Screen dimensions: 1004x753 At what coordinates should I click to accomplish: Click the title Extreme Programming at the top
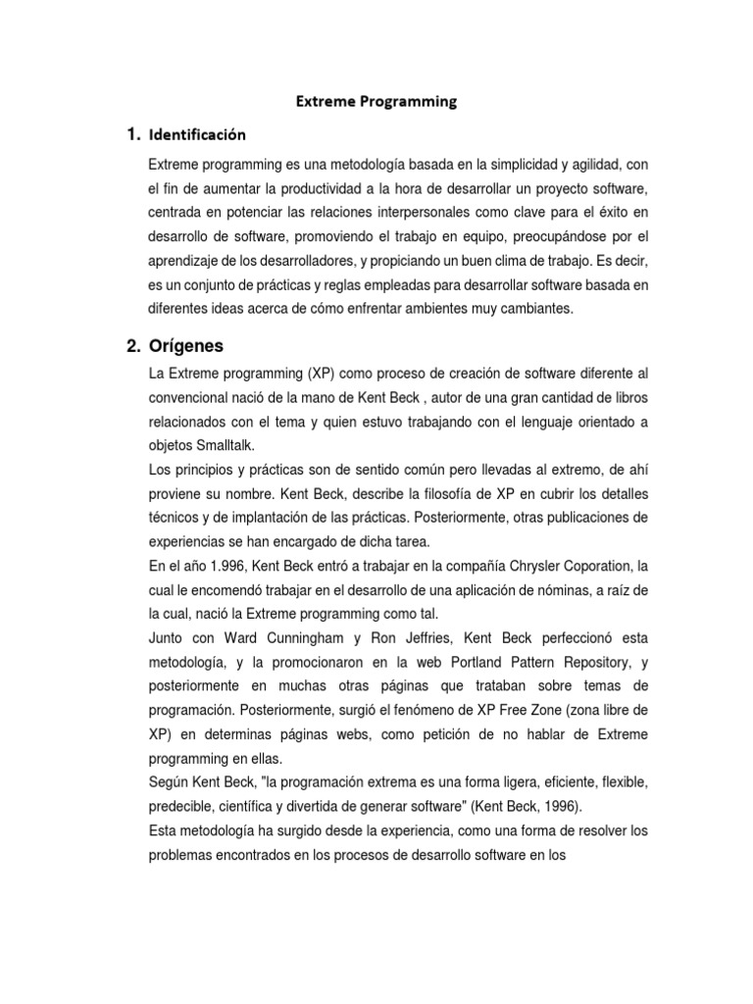point(377,101)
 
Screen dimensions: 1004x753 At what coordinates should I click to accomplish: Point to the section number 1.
point(132,134)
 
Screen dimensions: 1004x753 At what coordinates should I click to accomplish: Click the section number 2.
point(133,345)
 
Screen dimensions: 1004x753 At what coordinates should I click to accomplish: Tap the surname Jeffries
point(420,637)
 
